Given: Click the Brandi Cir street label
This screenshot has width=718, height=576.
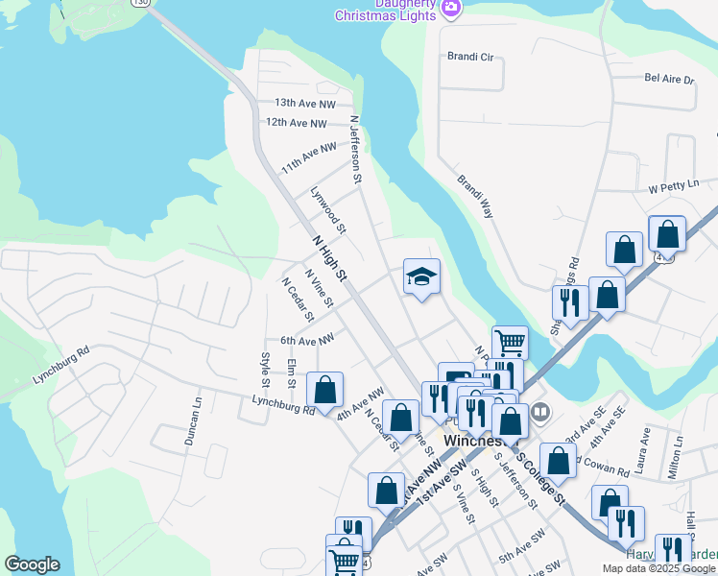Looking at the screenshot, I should click(469, 58).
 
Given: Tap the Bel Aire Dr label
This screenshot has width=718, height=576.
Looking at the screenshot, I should click(669, 79).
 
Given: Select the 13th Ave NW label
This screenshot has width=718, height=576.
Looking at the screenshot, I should click(305, 103).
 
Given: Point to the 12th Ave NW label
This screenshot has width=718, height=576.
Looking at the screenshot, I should click(297, 123).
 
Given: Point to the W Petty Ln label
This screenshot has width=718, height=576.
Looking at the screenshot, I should click(671, 188).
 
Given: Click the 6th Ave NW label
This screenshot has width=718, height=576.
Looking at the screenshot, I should click(307, 340).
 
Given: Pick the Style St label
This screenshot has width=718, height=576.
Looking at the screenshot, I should click(266, 371).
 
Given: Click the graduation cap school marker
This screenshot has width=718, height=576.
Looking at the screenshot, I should click(421, 277).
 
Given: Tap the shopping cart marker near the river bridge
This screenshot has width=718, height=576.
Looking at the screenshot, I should click(510, 341).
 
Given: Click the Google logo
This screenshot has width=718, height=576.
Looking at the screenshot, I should click(32, 564).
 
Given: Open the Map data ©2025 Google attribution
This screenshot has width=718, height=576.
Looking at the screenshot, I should click(658, 568).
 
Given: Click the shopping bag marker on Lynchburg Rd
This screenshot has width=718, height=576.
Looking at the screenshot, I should click(325, 389).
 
